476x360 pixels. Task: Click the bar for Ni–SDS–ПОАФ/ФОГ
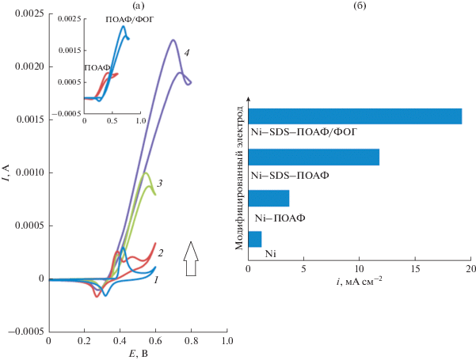pyautogui.click(x=355, y=116)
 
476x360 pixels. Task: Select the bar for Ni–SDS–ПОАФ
pyautogui.click(x=314, y=157)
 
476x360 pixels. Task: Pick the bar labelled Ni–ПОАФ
pyautogui.click(x=269, y=198)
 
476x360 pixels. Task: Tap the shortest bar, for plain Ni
pyautogui.click(x=255, y=239)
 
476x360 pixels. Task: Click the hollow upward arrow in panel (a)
pyautogui.click(x=190, y=259)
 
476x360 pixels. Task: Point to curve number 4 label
pyautogui.click(x=187, y=52)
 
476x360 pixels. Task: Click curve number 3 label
pyautogui.click(x=160, y=184)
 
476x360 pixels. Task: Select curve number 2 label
pyautogui.click(x=161, y=253)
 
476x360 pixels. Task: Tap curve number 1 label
pyautogui.click(x=156, y=280)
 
